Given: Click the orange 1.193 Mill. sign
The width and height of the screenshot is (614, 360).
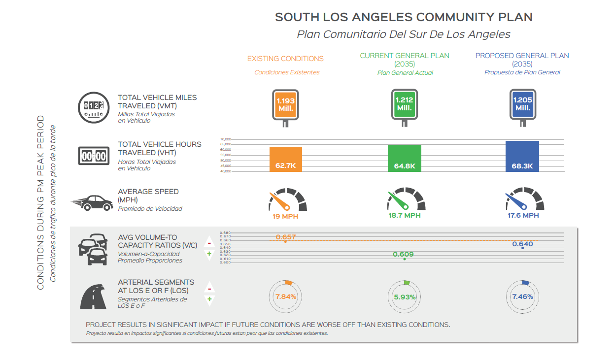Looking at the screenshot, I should point(285,104).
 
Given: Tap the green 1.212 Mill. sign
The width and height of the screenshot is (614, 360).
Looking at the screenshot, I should point(404,104).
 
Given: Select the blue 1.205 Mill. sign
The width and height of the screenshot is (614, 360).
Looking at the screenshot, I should point(522,104).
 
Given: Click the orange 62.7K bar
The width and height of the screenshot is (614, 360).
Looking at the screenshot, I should point(285,159).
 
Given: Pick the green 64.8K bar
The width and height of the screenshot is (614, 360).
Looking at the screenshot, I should point(405,158).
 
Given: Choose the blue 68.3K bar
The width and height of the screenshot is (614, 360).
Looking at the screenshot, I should point(522,156).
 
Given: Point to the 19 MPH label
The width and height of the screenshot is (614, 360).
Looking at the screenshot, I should point(285,216).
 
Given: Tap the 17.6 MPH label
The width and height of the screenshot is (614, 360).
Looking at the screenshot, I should point(523,215).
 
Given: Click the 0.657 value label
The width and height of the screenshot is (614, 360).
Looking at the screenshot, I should point(286,237).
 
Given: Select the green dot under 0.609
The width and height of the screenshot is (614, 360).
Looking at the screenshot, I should point(405,259).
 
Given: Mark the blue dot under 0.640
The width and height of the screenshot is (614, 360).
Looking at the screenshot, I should point(522,248).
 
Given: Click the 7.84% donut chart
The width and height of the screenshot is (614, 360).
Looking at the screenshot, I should point(286,297).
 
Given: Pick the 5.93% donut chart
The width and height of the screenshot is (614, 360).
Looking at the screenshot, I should point(405,297).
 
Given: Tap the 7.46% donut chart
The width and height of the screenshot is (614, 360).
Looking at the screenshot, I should point(522,296).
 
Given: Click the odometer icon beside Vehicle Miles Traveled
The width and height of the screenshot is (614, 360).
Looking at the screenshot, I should point(94,106).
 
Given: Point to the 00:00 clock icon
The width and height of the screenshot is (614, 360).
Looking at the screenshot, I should point(94,156).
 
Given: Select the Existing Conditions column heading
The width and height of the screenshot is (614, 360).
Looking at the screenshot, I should point(285,59).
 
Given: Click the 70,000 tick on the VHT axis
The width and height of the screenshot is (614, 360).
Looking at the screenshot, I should point(226,139).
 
